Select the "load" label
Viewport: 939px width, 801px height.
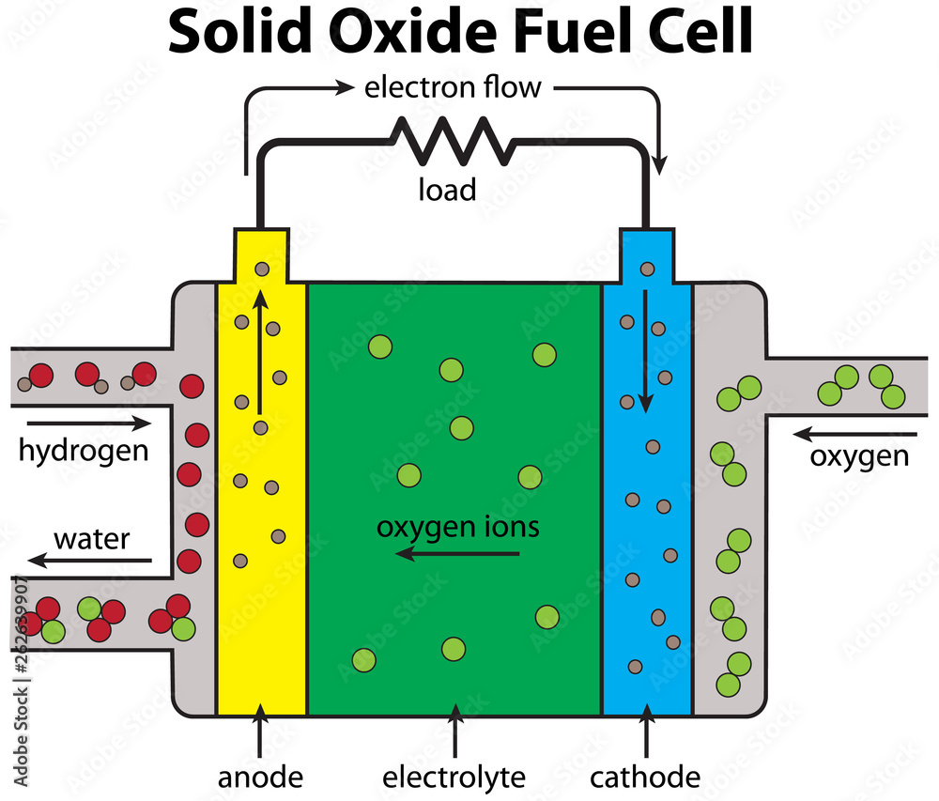(x=447, y=190)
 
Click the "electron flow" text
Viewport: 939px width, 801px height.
(x=453, y=88)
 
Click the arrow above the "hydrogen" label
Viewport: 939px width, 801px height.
(x=83, y=424)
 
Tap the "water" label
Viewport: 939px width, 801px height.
(x=91, y=540)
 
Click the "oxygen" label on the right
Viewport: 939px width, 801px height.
(x=859, y=456)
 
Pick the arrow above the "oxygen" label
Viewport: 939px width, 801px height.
(x=854, y=435)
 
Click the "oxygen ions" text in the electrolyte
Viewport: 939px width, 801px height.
(x=458, y=527)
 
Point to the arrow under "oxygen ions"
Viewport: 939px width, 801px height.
(x=457, y=554)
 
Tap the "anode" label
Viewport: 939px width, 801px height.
(x=261, y=778)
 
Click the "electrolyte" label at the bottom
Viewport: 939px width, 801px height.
(x=454, y=778)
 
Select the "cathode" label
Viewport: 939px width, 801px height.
(x=645, y=778)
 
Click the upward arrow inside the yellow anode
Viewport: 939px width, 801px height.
(x=260, y=352)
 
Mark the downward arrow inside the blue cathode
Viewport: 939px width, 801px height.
(x=646, y=352)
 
